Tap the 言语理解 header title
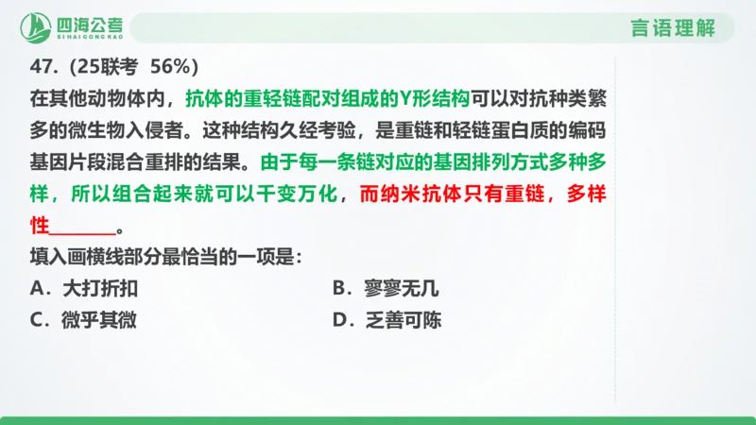pos(673,27)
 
